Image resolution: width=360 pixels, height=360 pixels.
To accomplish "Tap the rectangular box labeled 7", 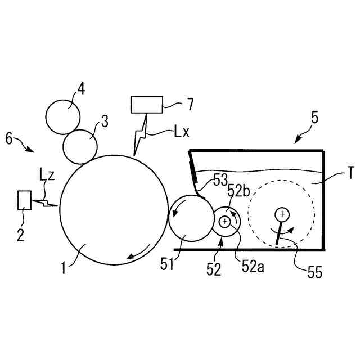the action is pyautogui.click(x=146, y=105).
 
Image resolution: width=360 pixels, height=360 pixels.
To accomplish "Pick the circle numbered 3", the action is pyautogui.click(x=80, y=146).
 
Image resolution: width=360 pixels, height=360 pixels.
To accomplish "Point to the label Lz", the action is pyautogui.click(x=48, y=174).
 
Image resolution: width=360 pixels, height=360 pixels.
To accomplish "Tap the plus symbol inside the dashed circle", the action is pyautogui.click(x=282, y=214).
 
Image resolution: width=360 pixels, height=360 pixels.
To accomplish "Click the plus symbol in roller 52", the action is pyautogui.click(x=225, y=222).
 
